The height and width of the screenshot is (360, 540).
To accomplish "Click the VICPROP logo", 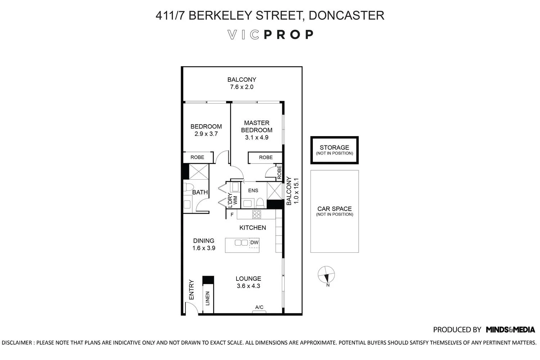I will pyautogui.click(x=270, y=35).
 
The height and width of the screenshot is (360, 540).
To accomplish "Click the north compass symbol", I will pyautogui.click(x=326, y=275).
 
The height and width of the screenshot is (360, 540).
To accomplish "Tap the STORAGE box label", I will pyautogui.click(x=334, y=148).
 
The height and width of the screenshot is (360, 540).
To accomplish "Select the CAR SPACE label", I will pyautogui.click(x=334, y=209).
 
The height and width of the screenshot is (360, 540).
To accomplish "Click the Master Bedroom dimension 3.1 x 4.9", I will pyautogui.click(x=257, y=138).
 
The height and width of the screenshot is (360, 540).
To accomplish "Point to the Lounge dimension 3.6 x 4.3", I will pyautogui.click(x=248, y=286).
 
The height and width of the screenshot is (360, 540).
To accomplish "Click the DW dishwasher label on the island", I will pyautogui.click(x=254, y=243).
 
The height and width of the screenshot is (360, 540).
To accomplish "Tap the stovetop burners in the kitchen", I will pyautogui.click(x=257, y=215).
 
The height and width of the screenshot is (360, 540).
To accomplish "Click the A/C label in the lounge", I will pyautogui.click(x=259, y=307).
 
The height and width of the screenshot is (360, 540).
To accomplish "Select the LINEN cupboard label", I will pyautogui.click(x=207, y=298).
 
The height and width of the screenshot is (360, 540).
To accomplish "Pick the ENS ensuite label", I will pyautogui.click(x=253, y=190).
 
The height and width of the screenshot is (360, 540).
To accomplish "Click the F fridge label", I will pyautogui.click(x=232, y=215).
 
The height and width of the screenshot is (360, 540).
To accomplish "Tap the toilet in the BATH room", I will pyautogui.click(x=188, y=188).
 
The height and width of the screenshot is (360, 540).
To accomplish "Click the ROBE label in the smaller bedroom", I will pyautogui.click(x=197, y=157).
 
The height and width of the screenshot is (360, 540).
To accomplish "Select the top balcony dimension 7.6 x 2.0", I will pyautogui.click(x=242, y=87).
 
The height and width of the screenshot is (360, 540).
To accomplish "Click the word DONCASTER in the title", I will pyautogui.click(x=346, y=15).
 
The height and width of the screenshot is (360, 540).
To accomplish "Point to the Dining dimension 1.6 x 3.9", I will pyautogui.click(x=204, y=248).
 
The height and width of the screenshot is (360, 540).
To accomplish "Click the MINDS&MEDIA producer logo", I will pyautogui.click(x=510, y=329).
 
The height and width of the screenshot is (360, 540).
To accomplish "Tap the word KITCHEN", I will pyautogui.click(x=253, y=228).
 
